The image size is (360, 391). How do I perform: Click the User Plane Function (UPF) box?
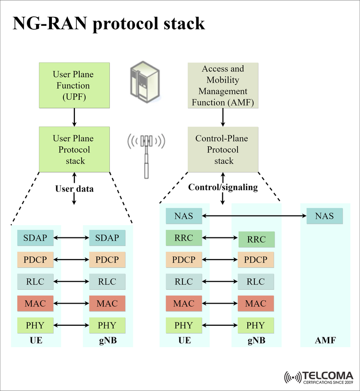73,85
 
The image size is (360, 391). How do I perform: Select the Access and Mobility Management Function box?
223,85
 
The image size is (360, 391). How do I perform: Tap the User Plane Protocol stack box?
73,149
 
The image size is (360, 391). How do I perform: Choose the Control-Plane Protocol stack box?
223,149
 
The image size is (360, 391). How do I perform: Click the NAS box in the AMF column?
324,216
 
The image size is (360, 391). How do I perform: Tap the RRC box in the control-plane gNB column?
256,239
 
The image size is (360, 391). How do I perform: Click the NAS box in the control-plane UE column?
184,216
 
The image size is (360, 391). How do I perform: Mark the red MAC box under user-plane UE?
35,304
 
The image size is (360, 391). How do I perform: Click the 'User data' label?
74,189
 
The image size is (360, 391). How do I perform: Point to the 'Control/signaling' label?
223,187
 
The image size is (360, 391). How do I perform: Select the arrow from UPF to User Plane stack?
74,117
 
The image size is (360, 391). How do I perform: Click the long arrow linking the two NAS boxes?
254,216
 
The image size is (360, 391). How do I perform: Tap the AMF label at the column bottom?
325,341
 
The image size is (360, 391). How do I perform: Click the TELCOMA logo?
319,377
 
